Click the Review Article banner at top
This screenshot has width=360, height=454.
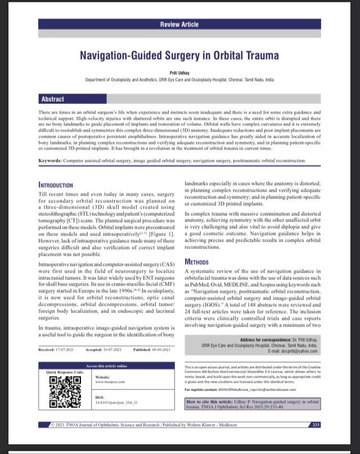tap(179, 25)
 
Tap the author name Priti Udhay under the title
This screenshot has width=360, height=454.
tap(179, 74)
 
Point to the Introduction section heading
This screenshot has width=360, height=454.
tap(55, 185)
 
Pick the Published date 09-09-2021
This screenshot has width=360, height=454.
tap(152, 349)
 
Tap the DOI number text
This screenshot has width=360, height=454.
tap(116, 403)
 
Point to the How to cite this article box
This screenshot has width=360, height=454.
tap(252, 405)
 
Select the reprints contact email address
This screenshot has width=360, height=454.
tap(264, 389)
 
